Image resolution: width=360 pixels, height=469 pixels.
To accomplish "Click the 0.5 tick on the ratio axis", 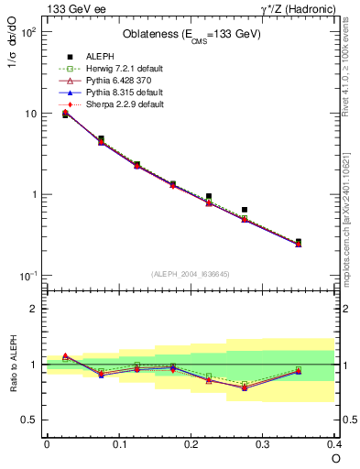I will click(31, 420).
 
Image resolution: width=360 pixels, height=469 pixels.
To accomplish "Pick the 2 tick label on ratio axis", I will click(36, 309).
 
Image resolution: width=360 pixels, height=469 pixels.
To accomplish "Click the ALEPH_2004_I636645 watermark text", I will click(190, 275).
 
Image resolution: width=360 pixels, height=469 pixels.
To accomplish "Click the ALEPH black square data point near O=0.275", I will click(245, 210).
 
